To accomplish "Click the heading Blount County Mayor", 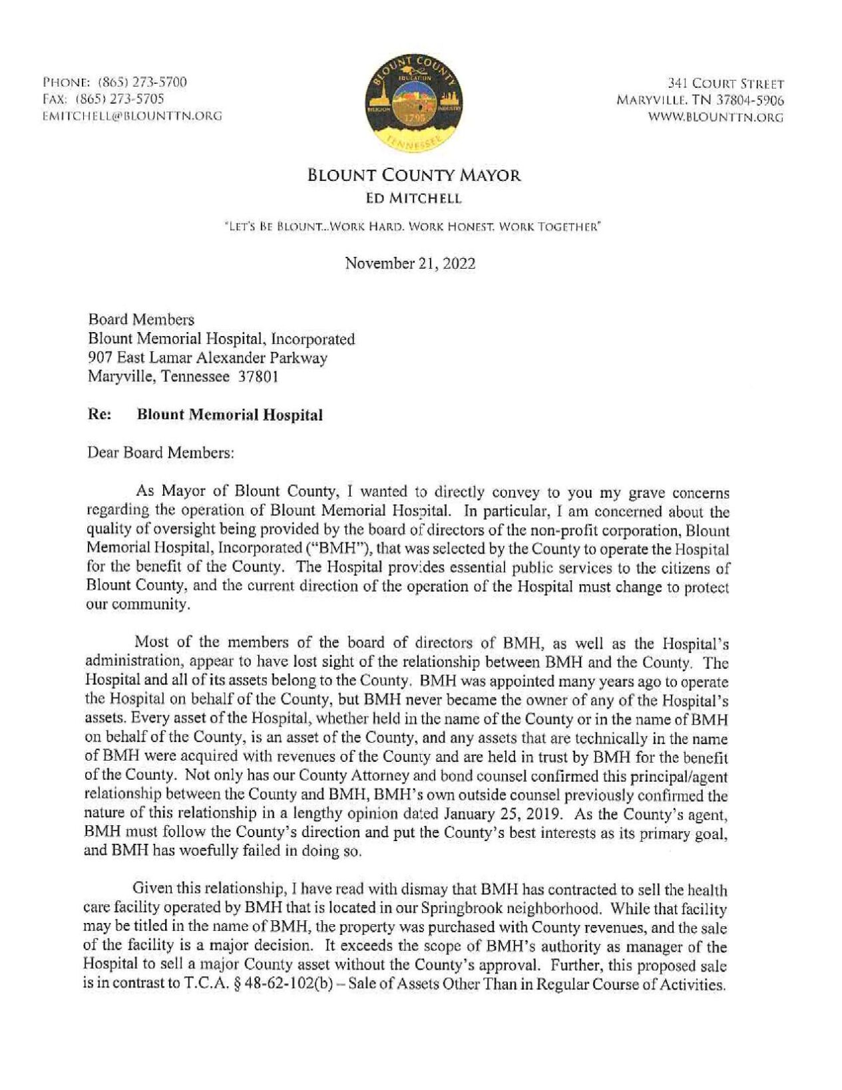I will pyautogui.click(x=414, y=176).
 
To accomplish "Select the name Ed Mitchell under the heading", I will pyautogui.click(x=413, y=198).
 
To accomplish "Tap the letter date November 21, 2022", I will pyautogui.click(x=410, y=264).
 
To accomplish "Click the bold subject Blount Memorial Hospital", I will pyautogui.click(x=230, y=415).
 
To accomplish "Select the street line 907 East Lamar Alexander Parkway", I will pyautogui.click(x=208, y=358).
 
